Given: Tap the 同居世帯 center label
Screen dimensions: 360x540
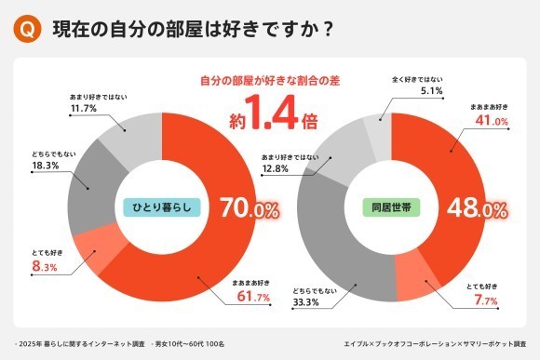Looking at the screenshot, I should [x=392, y=207].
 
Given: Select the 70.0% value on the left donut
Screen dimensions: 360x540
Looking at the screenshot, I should [x=249, y=209].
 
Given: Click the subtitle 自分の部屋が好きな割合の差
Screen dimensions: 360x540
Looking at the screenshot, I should [x=270, y=82].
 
